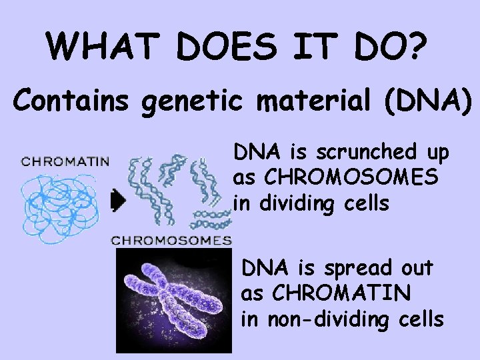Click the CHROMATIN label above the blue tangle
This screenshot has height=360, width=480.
point(65,161)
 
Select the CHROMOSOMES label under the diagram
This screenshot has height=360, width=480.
point(171,240)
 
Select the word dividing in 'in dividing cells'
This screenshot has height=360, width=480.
point(293,203)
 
